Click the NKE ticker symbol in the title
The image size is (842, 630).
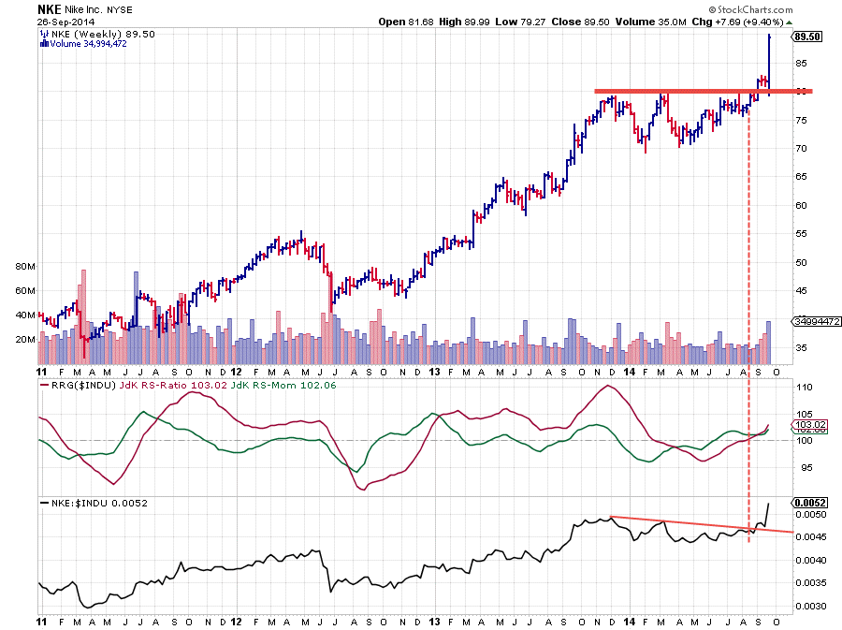tap(50, 8)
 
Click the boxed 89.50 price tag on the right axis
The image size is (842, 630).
tap(806, 37)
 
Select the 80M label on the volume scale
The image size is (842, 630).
tap(25, 266)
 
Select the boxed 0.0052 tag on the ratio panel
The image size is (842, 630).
tap(807, 502)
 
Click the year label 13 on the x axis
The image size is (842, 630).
tap(435, 621)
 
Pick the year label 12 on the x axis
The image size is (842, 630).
tap(238, 621)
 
